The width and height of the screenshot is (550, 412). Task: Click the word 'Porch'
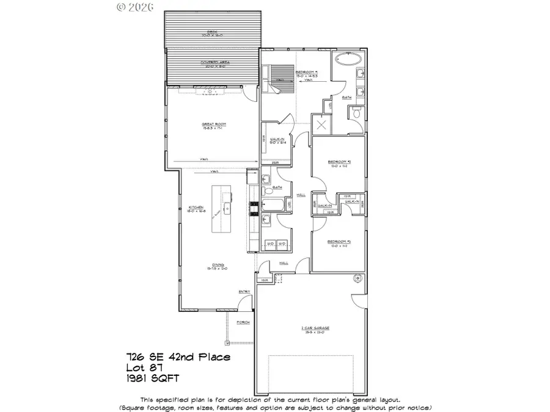tap(243, 322)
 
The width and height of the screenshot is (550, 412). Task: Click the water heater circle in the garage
tap(358, 278)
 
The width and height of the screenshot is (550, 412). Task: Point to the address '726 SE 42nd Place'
tap(178, 356)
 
